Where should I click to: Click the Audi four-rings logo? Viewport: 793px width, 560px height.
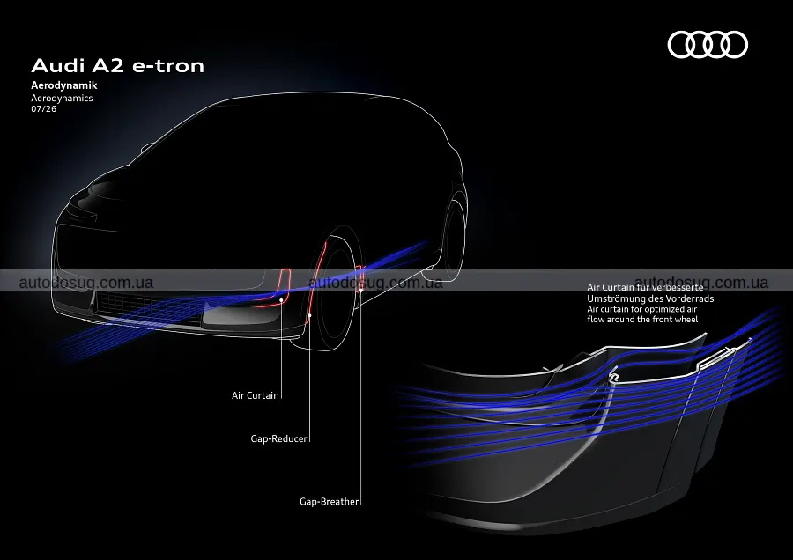tap(708, 45)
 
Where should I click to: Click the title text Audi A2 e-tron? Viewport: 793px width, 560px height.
tap(118, 66)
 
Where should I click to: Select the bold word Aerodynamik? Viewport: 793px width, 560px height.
tap(64, 85)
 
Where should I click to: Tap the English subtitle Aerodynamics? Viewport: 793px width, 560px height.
tap(62, 98)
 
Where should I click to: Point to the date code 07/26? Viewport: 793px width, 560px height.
tap(43, 108)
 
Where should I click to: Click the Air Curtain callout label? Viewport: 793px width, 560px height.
tap(255, 395)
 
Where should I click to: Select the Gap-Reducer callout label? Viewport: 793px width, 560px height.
tap(278, 438)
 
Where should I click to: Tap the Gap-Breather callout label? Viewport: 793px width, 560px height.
tap(329, 501)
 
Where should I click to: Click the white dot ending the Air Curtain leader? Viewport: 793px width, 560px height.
tap(282, 300)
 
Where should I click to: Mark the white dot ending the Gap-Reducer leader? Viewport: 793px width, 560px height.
tap(309, 315)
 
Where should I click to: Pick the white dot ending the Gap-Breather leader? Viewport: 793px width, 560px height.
tap(361, 291)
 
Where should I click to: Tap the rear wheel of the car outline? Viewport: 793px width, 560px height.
tap(453, 238)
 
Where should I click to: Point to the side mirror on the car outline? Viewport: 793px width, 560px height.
tap(146, 148)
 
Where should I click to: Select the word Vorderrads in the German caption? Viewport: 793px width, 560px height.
tap(689, 298)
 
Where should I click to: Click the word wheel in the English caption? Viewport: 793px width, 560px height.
tap(686, 320)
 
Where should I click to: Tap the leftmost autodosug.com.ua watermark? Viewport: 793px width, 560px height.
tap(86, 283)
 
